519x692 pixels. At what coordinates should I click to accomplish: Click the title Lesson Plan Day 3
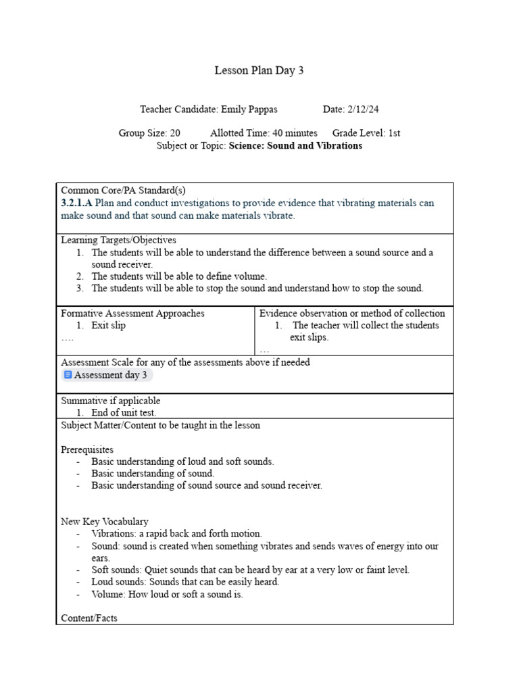click(x=259, y=71)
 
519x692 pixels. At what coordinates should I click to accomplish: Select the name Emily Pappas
click(x=249, y=109)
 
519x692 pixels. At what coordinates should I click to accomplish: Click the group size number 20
click(x=174, y=133)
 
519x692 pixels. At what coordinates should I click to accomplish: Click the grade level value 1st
click(x=394, y=133)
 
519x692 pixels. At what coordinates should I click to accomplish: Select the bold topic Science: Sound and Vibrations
click(x=295, y=145)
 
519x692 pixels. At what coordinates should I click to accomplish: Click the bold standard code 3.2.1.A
click(x=76, y=203)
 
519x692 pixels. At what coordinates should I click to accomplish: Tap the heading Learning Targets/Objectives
click(x=118, y=240)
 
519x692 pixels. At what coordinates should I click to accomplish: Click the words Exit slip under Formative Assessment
click(x=109, y=325)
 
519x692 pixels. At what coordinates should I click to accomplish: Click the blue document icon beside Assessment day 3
click(x=68, y=375)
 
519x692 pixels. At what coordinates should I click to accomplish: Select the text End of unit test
click(x=124, y=412)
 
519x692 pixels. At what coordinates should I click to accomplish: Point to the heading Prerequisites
click(x=87, y=449)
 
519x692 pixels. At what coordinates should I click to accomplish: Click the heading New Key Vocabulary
click(x=105, y=522)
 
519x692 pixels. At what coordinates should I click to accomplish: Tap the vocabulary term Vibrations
click(x=113, y=534)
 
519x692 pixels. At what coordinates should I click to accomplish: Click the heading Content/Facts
click(x=89, y=618)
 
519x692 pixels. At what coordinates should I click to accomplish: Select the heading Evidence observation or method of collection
click(x=352, y=314)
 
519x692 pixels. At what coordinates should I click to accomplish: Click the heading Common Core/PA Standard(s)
click(x=118, y=191)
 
